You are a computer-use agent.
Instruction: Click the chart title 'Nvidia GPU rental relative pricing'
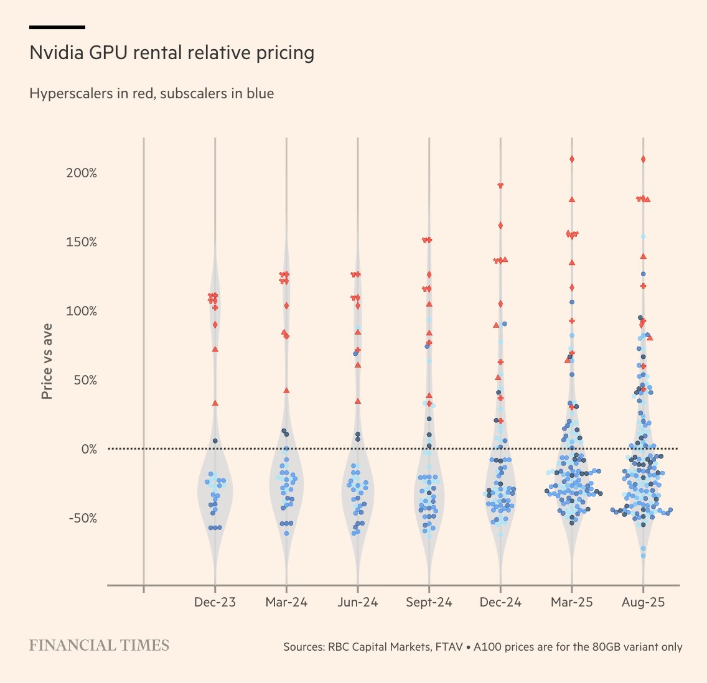pyautogui.click(x=172, y=53)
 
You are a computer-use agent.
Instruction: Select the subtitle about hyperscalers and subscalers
pyautogui.click(x=151, y=94)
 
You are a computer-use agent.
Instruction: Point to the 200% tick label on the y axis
pyautogui.click(x=82, y=173)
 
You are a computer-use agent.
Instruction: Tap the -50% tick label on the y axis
pyautogui.click(x=82, y=518)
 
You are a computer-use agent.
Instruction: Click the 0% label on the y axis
pyautogui.click(x=89, y=449)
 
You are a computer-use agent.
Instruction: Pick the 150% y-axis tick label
pyautogui.click(x=82, y=242)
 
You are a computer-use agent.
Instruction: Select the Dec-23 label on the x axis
pyautogui.click(x=215, y=602)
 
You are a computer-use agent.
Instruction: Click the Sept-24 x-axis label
pyautogui.click(x=429, y=602)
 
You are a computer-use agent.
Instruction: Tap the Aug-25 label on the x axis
pyautogui.click(x=643, y=602)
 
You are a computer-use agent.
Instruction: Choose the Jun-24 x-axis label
pyautogui.click(x=357, y=602)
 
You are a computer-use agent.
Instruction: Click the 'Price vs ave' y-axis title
pyautogui.click(x=47, y=361)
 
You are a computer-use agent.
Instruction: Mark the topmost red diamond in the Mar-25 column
pyautogui.click(x=571, y=159)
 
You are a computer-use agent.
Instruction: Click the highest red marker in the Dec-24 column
pyautogui.click(x=500, y=185)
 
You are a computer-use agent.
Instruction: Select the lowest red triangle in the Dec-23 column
pyautogui.click(x=215, y=403)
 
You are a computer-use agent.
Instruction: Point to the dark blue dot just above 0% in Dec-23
pyautogui.click(x=215, y=440)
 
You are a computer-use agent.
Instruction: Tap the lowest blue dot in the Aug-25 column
pyautogui.click(x=643, y=555)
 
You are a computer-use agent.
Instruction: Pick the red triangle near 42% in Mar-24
pyautogui.click(x=286, y=391)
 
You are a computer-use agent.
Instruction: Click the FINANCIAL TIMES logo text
pyautogui.click(x=99, y=646)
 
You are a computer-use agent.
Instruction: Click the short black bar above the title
pyautogui.click(x=57, y=27)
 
